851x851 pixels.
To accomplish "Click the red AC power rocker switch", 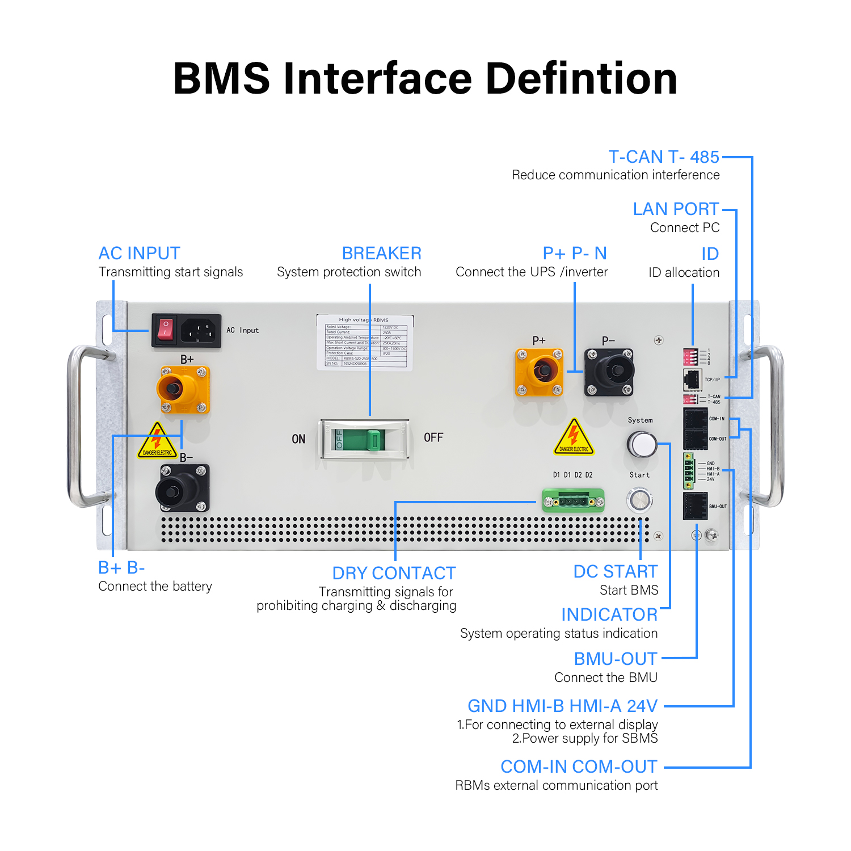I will pyautogui.click(x=165, y=330).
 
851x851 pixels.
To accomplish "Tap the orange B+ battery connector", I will pyautogui.click(x=183, y=390).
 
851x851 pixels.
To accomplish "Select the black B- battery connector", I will pyautogui.click(x=183, y=488).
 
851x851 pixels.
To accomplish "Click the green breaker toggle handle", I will pyautogui.click(x=373, y=440).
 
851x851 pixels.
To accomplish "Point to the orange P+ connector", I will pyautogui.click(x=539, y=372).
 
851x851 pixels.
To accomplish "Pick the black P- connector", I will pyautogui.click(x=609, y=372).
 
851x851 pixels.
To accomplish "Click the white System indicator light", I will pyautogui.click(x=642, y=444).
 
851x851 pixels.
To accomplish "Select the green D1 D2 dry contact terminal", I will pyautogui.click(x=573, y=501).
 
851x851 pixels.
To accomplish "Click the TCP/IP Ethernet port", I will pyautogui.click(x=692, y=379).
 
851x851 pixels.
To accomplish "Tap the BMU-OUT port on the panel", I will pyautogui.click(x=695, y=506).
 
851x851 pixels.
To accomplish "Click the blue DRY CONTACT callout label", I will pyautogui.click(x=394, y=573).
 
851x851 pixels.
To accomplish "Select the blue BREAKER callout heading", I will pyautogui.click(x=381, y=253).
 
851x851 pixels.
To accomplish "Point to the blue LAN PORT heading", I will pyautogui.click(x=676, y=209).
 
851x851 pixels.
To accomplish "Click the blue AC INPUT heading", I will pyautogui.click(x=139, y=253).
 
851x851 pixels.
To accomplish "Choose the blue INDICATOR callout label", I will pyautogui.click(x=609, y=614).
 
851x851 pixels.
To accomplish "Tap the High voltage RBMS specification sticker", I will pyautogui.click(x=365, y=342).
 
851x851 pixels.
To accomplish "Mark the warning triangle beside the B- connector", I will pyautogui.click(x=157, y=441).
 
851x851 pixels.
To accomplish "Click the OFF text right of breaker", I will pyautogui.click(x=433, y=437).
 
